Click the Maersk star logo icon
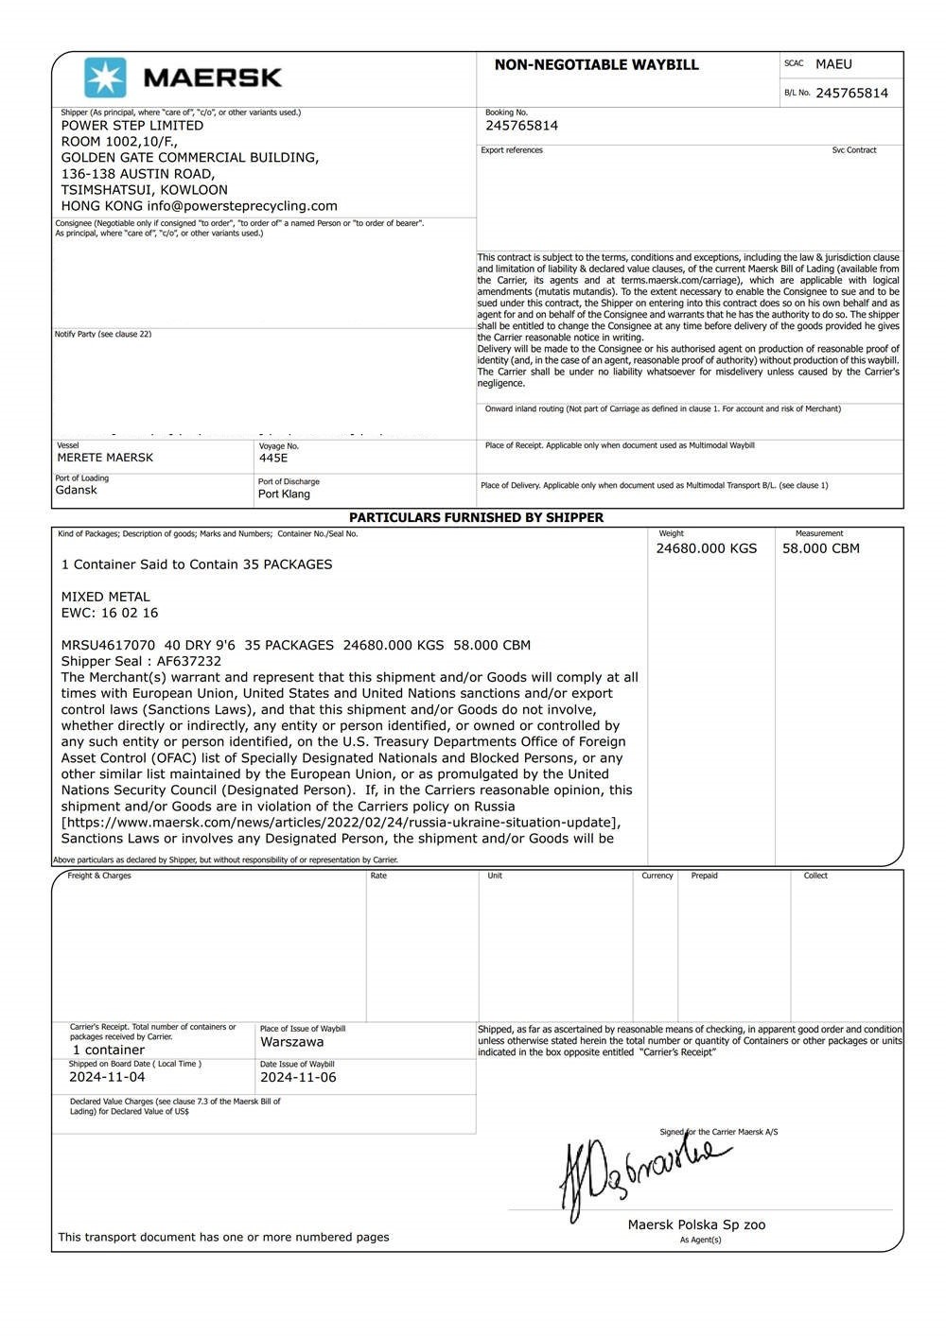click(x=105, y=78)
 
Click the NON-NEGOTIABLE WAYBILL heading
click(x=596, y=65)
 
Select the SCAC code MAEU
click(x=833, y=64)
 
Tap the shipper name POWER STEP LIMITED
click(x=132, y=125)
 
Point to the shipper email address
click(x=242, y=205)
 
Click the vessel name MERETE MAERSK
click(x=105, y=458)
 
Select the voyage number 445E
click(x=273, y=458)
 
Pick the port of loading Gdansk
click(x=76, y=490)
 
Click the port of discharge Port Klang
click(x=284, y=494)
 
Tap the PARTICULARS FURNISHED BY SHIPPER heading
click(x=476, y=517)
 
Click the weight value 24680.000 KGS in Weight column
click(x=706, y=548)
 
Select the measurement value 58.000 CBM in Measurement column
click(x=820, y=548)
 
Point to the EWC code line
click(x=110, y=613)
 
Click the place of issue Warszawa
click(x=291, y=1042)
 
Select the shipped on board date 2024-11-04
click(x=107, y=1077)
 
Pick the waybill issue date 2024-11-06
click(x=298, y=1077)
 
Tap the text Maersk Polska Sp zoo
click(x=696, y=1224)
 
